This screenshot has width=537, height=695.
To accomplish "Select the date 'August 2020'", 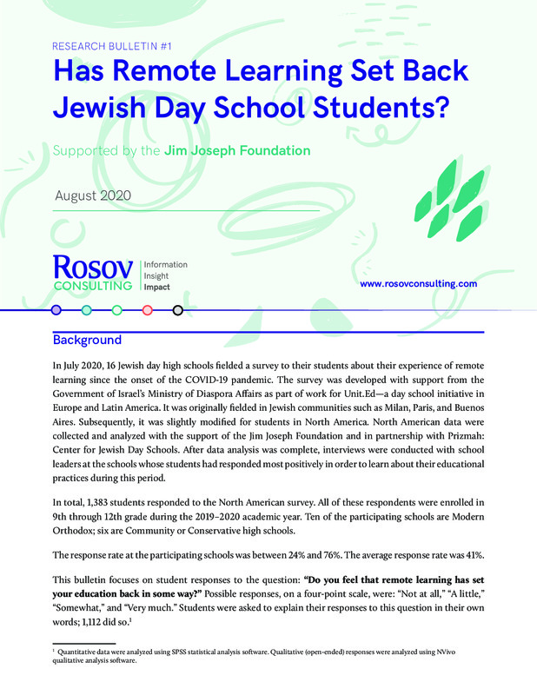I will coord(92,195).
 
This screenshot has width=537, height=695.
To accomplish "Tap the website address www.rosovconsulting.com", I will coord(419,284).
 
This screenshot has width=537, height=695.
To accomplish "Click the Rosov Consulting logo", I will coord(92,272).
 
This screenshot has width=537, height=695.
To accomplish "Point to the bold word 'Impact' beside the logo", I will coord(157,287).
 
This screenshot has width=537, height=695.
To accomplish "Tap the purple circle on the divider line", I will coord(56,309).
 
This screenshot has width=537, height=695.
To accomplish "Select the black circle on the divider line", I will coord(177,309).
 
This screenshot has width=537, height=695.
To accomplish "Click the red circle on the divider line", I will coord(147,309).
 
